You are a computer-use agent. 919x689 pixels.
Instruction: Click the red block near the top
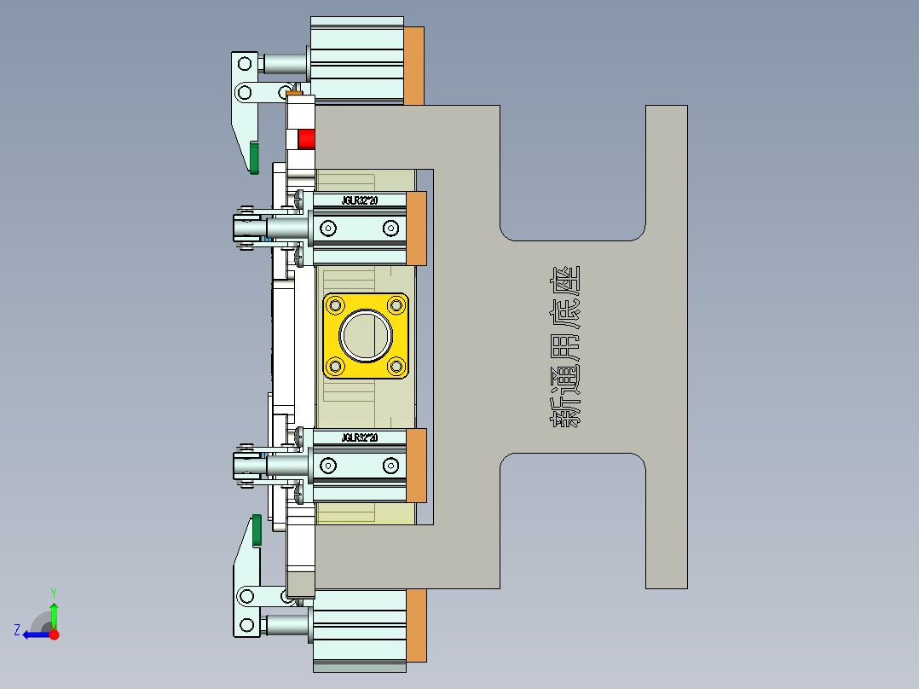[306, 138]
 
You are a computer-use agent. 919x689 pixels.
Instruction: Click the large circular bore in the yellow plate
[366, 336]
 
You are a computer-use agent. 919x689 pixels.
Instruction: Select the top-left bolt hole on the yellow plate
[336, 304]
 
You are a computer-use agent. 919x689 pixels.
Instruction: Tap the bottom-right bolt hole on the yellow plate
[396, 367]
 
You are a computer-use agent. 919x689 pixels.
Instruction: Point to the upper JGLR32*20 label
[360, 200]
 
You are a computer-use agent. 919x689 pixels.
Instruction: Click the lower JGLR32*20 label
[360, 437]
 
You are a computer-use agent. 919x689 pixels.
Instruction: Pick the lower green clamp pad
[255, 531]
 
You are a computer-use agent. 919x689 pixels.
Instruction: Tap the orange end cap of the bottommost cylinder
[416, 626]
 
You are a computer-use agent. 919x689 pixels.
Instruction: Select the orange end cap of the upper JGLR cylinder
[417, 229]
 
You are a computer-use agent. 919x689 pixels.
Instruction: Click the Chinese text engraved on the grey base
[563, 346]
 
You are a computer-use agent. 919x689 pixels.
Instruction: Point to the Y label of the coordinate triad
[53, 592]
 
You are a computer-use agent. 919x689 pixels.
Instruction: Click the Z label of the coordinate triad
[17, 630]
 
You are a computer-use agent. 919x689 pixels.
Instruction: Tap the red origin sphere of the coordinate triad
[54, 634]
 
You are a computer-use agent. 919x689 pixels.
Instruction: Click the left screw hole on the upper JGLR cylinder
[327, 228]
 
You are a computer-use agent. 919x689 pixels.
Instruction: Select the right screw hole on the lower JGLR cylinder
[390, 465]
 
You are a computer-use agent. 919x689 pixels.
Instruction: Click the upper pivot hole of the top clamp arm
[245, 62]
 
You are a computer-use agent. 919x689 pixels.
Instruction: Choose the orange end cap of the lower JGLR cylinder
[417, 466]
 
